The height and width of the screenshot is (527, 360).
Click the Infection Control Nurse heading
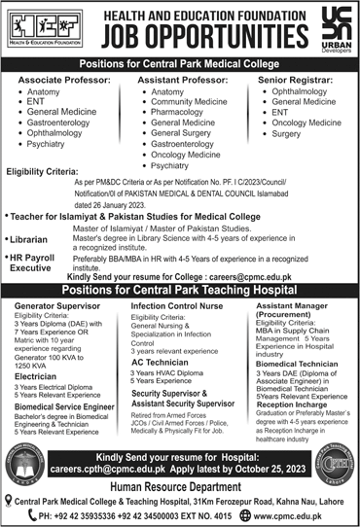[176, 306]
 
